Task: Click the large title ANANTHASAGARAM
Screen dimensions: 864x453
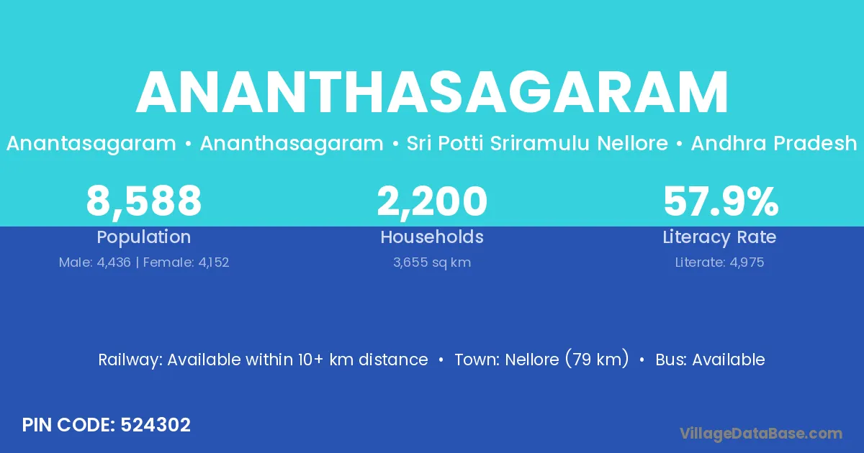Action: pos(432,92)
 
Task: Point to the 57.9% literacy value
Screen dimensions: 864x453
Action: pos(721,201)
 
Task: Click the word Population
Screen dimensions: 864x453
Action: pos(144,237)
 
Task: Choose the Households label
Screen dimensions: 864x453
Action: pos(432,237)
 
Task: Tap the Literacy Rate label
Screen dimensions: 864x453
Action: pos(719,237)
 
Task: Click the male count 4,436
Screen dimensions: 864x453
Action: pos(114,262)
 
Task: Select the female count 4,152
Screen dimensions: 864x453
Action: pos(214,262)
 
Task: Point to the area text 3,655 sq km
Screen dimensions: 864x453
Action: pos(432,262)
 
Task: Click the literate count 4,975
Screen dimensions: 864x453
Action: pos(747,262)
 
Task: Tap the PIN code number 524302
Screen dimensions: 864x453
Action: pos(156,425)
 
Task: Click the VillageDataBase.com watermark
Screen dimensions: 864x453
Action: pos(761,434)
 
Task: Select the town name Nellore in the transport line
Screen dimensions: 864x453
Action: pos(532,360)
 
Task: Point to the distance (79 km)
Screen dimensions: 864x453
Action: pos(597,359)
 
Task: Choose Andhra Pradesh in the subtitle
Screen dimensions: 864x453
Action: pos(774,143)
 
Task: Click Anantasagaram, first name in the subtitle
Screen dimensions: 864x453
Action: pos(91,144)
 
